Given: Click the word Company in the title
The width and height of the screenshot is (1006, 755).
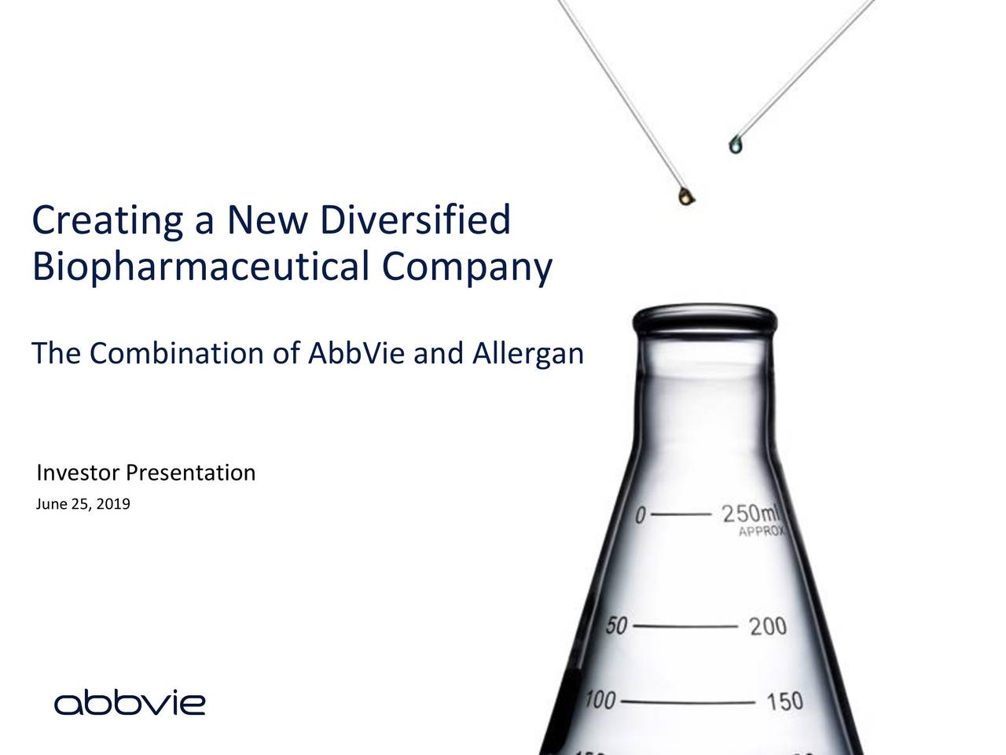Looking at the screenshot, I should pos(468,270).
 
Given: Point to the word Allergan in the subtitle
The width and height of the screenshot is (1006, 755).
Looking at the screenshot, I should pos(527,356).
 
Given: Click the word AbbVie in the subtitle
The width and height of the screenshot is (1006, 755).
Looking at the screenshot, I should pos(355,355).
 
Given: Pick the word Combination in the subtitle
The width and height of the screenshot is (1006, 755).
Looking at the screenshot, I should pos(178,355).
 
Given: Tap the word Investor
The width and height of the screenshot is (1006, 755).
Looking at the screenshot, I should pos(79,473).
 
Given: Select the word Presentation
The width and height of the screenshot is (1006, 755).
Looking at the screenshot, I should pos(191,473).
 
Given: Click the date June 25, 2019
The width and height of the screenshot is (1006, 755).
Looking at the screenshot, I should pos(83,503).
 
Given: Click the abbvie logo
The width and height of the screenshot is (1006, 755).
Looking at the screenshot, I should pos(130,702).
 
